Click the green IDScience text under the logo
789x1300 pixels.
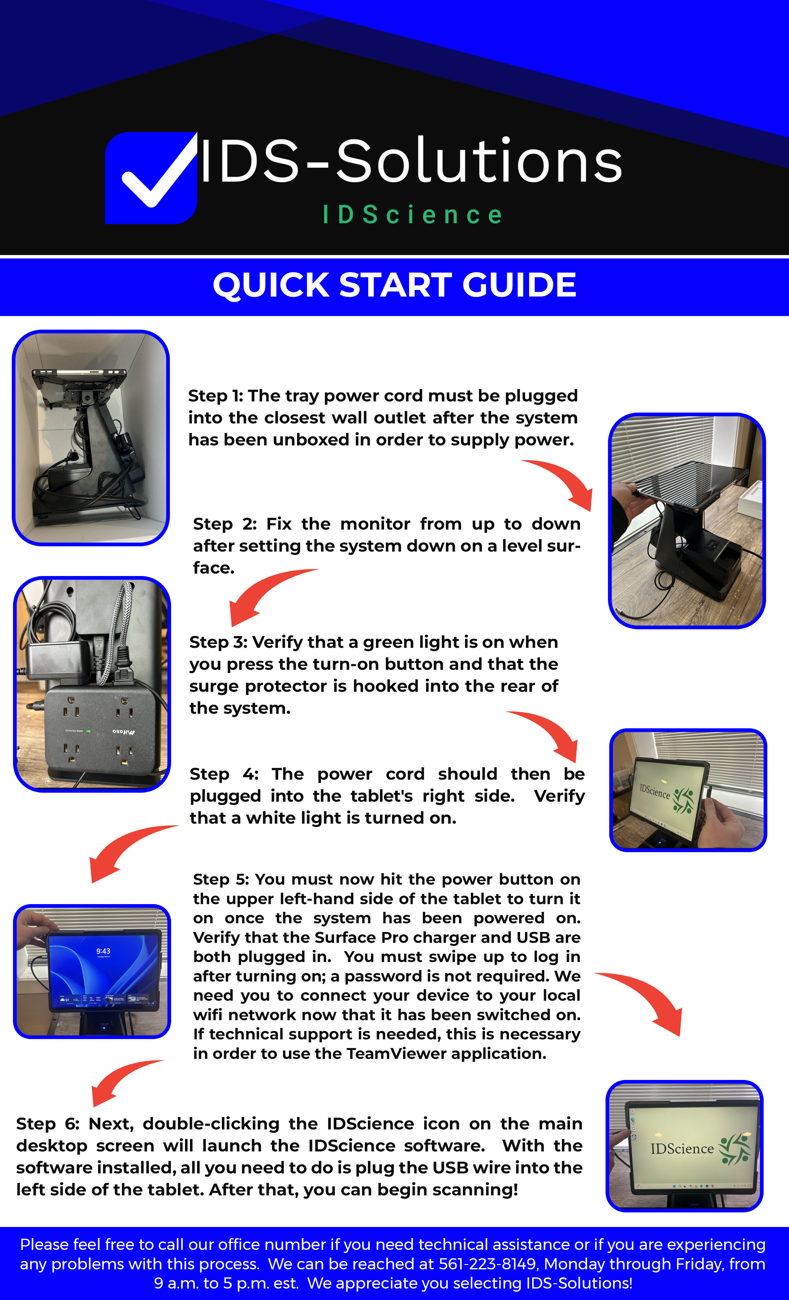[412, 215]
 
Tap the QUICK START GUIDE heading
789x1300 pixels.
[394, 285]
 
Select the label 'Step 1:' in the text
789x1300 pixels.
[215, 396]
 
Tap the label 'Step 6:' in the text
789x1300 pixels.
[47, 1124]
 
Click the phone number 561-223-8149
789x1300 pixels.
[488, 1264]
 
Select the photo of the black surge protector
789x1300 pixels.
[92, 684]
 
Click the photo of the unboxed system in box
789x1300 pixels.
[91, 438]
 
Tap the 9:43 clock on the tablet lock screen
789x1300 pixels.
[103, 951]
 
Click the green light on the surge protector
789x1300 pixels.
[88, 731]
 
